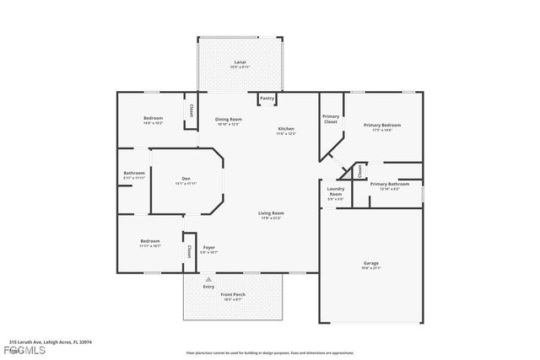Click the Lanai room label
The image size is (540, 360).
tap(240, 63)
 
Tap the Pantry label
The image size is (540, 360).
tap(267, 99)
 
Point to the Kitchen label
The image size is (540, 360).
tap(287, 129)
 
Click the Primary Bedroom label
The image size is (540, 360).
tap(381, 126)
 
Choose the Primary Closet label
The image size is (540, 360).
tap(331, 119)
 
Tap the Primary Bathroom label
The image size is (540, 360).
tap(390, 184)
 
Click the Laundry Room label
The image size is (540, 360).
tap(335, 191)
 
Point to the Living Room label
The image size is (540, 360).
tap(271, 213)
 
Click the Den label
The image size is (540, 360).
tap(185, 178)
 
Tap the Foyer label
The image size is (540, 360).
tap(209, 248)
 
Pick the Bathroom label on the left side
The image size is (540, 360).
tap(134, 174)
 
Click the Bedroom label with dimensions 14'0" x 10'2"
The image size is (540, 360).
tap(153, 118)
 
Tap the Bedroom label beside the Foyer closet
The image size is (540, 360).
tap(149, 241)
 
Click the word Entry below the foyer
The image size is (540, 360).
tap(208, 287)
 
